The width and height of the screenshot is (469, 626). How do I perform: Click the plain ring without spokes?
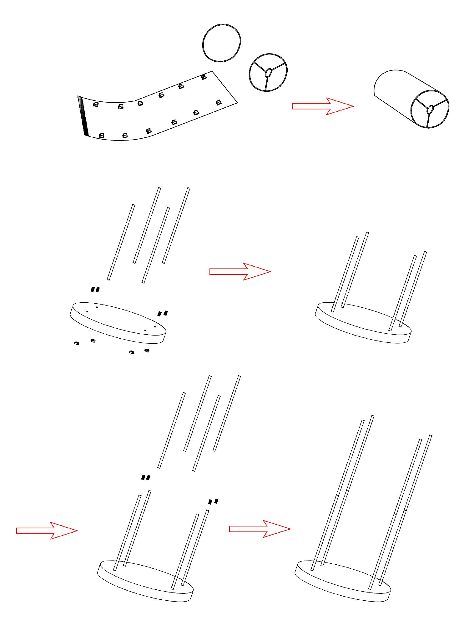[x=222, y=26]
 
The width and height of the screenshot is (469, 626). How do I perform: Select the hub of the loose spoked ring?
[x=268, y=73]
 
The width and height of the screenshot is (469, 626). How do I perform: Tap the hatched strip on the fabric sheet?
[x=83, y=116]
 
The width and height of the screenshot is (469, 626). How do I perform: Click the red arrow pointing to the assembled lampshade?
[x=322, y=106]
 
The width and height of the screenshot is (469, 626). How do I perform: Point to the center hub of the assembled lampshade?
[x=430, y=109]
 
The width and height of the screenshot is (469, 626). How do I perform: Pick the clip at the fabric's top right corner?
[x=204, y=77]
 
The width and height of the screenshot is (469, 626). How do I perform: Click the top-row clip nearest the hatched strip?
[x=96, y=104]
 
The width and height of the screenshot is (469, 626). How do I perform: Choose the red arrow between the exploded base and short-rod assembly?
[x=239, y=271]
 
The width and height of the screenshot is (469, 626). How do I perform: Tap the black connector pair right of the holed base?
[x=163, y=313]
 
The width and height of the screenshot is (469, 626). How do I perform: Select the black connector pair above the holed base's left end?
[x=95, y=290]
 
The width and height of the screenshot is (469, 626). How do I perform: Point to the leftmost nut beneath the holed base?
[x=77, y=343]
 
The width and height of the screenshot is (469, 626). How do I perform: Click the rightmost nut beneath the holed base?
[x=147, y=350]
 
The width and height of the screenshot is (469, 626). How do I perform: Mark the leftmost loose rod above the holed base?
[x=121, y=242]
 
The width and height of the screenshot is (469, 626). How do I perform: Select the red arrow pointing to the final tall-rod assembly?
[x=259, y=529]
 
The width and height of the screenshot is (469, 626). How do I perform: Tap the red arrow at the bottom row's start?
[x=46, y=531]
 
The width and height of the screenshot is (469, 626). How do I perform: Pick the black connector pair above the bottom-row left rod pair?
[x=146, y=477]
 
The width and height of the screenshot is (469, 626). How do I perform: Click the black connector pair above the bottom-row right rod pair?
[x=213, y=502]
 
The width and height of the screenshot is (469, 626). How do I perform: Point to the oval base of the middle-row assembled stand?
[x=363, y=326]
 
